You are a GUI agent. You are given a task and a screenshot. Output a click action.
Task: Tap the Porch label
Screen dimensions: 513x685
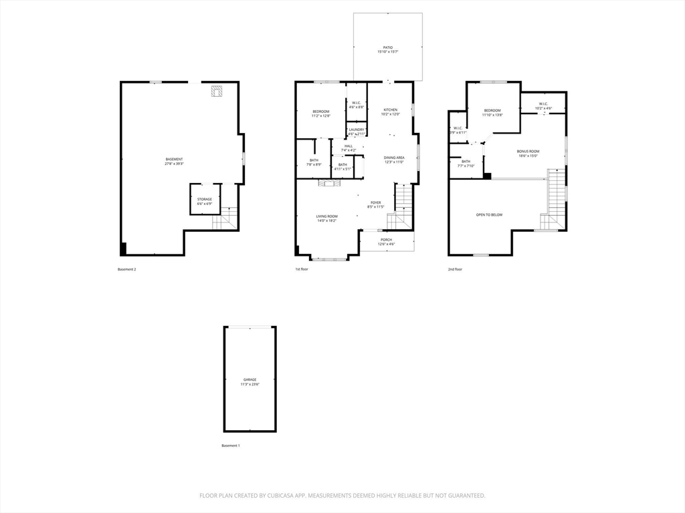(x=386, y=241)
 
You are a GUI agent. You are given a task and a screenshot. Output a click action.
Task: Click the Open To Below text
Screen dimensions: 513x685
(x=489, y=214)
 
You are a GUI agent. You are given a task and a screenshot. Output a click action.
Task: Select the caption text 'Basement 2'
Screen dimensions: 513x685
(x=126, y=269)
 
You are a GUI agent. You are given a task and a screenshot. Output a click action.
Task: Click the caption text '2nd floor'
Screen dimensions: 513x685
(x=455, y=269)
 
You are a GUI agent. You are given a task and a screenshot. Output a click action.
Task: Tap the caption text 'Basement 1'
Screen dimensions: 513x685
(x=230, y=446)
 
